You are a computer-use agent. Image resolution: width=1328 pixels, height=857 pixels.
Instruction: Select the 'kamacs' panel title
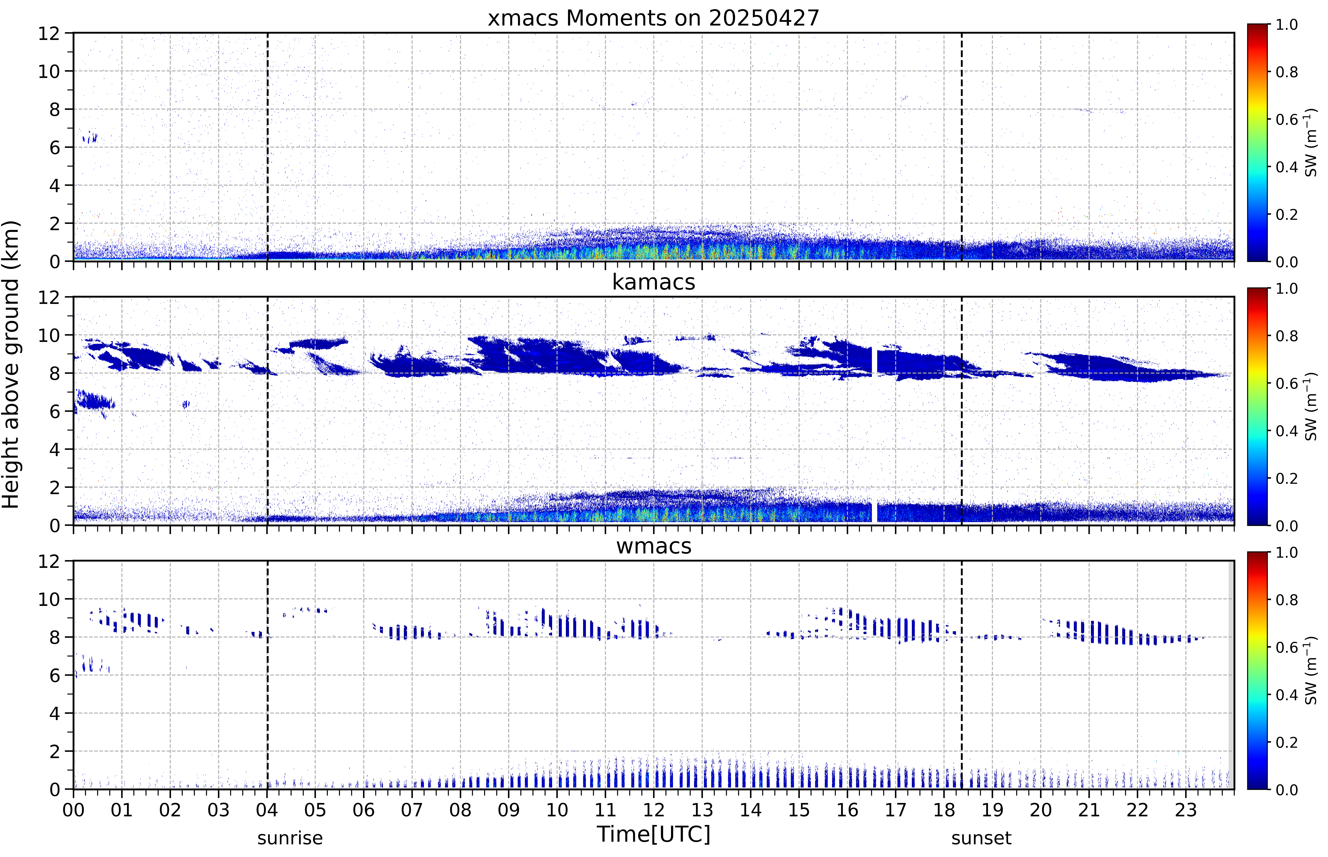pyautogui.click(x=653, y=282)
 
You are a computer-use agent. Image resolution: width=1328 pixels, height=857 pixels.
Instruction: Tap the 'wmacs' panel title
pyautogui.click(x=653, y=546)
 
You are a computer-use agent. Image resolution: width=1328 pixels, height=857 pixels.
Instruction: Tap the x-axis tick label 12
pyautogui.click(x=653, y=810)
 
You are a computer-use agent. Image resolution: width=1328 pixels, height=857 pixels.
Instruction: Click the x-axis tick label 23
pyautogui.click(x=1186, y=810)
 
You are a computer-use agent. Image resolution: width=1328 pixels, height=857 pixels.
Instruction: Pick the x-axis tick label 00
pyautogui.click(x=73, y=810)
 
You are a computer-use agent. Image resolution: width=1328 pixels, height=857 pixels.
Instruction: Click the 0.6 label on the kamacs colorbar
pyautogui.click(x=1286, y=383)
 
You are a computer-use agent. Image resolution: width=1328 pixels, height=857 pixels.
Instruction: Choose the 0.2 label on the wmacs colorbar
pyautogui.click(x=1286, y=742)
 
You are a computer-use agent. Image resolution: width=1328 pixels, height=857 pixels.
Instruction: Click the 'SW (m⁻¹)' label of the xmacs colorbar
pyautogui.click(x=1311, y=143)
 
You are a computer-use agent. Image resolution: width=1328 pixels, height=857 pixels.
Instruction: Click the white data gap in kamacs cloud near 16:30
pyautogui.click(x=874, y=362)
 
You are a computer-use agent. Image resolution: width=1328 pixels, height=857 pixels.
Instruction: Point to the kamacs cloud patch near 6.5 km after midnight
pyautogui.click(x=95, y=401)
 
